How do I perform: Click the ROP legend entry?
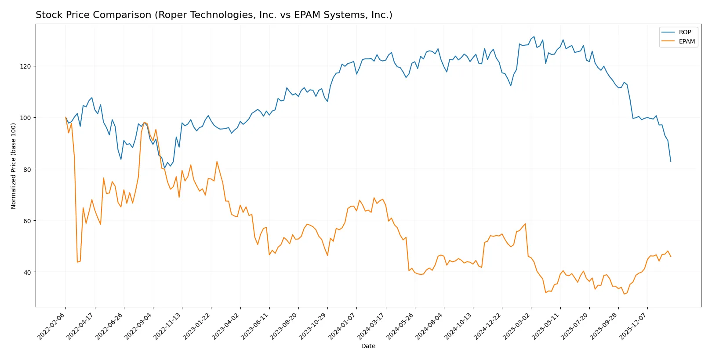point(684,33)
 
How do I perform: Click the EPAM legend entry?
point(687,42)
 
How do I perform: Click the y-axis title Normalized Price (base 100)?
point(14,166)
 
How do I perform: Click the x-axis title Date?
point(368,346)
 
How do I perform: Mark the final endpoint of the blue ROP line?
point(671,161)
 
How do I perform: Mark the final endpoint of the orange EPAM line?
point(671,256)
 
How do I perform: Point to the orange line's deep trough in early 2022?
point(77,262)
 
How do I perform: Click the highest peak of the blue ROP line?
point(534,36)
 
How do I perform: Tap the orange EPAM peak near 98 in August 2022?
point(144,122)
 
